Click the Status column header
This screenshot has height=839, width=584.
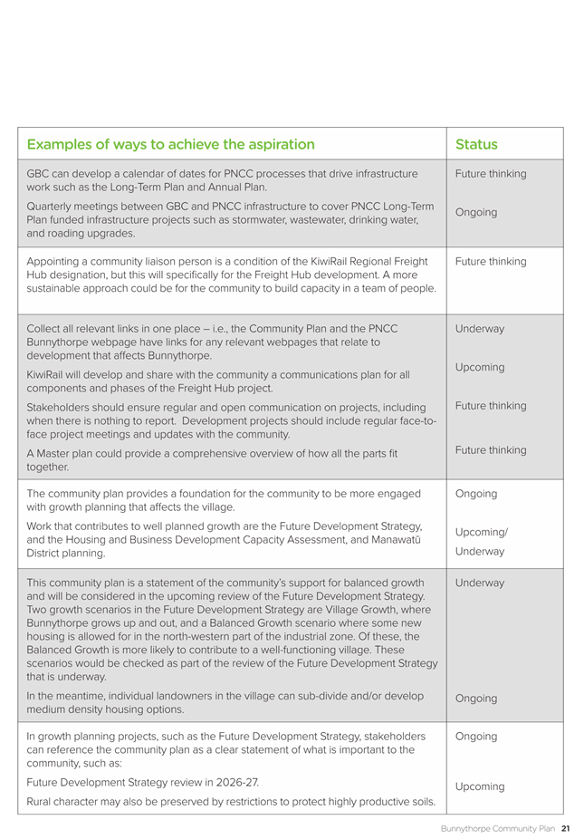(x=476, y=144)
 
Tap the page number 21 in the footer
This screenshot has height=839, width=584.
(x=565, y=828)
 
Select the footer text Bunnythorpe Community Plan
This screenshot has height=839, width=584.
(x=498, y=828)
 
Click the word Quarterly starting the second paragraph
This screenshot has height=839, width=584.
(x=53, y=206)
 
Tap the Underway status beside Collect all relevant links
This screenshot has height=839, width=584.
(x=480, y=329)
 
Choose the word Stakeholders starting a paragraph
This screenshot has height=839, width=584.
(x=62, y=408)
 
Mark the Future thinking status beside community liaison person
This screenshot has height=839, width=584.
(x=491, y=262)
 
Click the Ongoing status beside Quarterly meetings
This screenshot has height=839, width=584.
(x=476, y=212)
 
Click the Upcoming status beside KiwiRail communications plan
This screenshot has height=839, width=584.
(x=480, y=367)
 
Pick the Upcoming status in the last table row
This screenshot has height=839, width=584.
(x=480, y=786)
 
